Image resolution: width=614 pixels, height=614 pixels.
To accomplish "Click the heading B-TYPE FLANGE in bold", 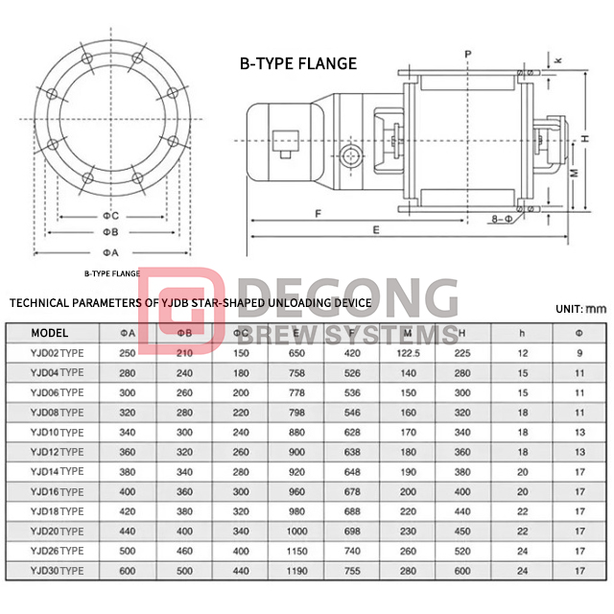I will pos(297,64).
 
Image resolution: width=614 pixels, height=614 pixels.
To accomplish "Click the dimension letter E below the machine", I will pos(377,230).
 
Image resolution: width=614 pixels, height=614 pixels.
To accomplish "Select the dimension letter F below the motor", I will pos(317,212).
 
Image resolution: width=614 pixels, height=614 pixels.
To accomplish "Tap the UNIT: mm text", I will pos(581,309).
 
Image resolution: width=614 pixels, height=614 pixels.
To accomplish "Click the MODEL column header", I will pos(49,334).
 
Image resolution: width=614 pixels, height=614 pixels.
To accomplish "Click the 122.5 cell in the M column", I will pos(409,353).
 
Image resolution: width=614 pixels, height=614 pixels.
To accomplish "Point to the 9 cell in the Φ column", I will pos(579,353).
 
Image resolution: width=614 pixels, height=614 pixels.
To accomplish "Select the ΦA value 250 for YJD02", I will pos(127,353).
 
